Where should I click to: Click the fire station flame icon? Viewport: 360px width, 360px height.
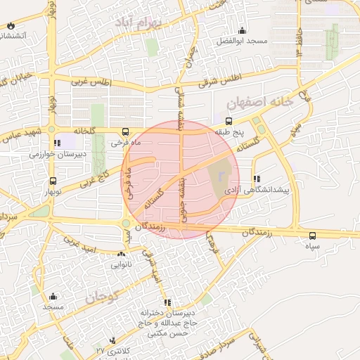10,26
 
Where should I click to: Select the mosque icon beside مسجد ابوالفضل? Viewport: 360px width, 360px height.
243,30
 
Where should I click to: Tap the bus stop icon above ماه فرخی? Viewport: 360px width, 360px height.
125,131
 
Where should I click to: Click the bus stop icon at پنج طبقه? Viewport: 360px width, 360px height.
229,122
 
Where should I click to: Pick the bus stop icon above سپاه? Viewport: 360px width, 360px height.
312,236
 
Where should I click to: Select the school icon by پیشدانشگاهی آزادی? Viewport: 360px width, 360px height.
257,179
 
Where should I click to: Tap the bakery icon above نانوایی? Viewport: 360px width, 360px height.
116,255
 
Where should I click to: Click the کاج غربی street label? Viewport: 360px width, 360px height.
97,178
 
